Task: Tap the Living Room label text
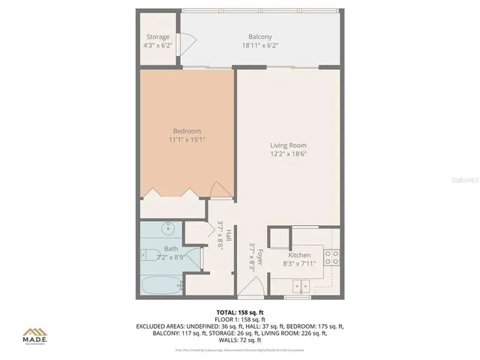[x=288, y=145]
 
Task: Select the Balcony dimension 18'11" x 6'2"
[x=260, y=46]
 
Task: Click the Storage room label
[x=158, y=37]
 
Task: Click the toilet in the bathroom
[x=149, y=255]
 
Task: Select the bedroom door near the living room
[x=218, y=190]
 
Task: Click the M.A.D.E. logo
[x=34, y=334]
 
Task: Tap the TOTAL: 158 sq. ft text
[x=239, y=311]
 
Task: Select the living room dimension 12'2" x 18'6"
[x=288, y=154]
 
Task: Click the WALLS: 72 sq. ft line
[x=239, y=340]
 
